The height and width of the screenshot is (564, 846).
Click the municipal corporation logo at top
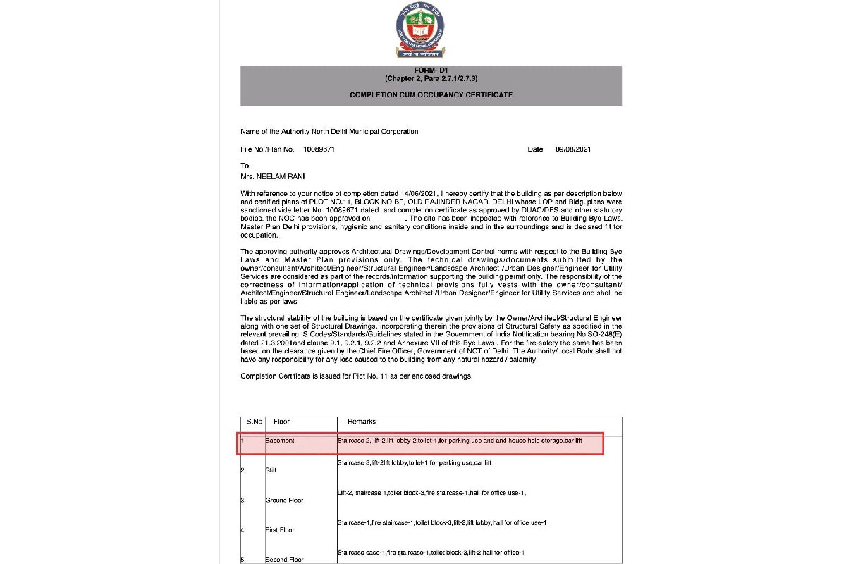click(x=420, y=31)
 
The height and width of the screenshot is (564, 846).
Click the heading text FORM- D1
click(x=431, y=70)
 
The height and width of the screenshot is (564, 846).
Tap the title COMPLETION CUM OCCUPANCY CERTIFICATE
click(x=431, y=94)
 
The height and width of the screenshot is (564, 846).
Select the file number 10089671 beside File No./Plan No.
click(x=319, y=149)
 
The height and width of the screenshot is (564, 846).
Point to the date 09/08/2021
click(x=574, y=149)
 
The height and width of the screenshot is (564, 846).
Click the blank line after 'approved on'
click(x=390, y=219)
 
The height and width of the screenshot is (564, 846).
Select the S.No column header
click(x=254, y=422)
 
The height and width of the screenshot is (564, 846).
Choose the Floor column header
click(x=281, y=422)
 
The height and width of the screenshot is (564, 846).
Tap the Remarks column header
click(x=362, y=422)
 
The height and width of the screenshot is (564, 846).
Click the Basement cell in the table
click(x=280, y=441)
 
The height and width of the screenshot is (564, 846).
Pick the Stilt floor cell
click(x=271, y=470)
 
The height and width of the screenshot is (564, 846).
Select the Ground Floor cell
click(x=284, y=500)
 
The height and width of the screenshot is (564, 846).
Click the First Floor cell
click(x=280, y=529)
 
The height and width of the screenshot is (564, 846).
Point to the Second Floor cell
click(x=284, y=559)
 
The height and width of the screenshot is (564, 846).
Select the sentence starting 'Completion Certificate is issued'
click(x=356, y=376)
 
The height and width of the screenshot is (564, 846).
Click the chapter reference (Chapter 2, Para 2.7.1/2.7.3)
click(x=431, y=78)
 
